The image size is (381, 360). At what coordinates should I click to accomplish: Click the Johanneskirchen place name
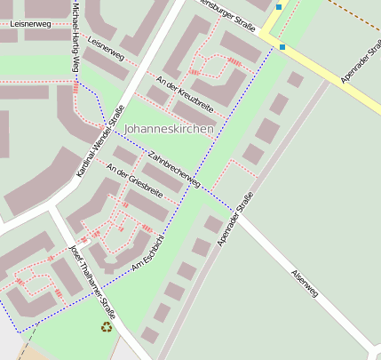169,129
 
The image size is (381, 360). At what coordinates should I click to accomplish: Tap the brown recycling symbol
107,327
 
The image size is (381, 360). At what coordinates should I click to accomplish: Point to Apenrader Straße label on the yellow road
361,64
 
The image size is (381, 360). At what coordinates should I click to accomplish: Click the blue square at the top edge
278,6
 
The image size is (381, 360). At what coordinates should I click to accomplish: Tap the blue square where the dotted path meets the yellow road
282,46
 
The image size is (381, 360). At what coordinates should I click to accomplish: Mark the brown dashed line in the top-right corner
355,12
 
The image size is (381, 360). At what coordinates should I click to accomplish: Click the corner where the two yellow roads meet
264,34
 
